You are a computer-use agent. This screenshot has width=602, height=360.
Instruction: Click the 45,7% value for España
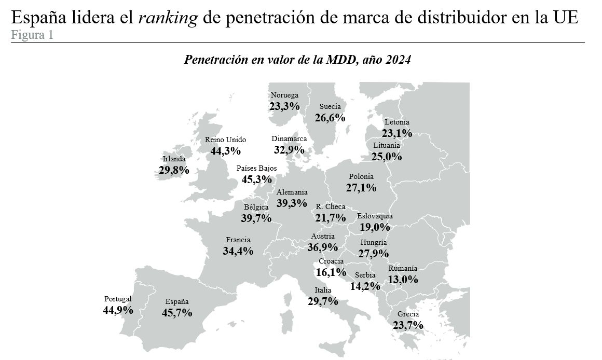tap(177, 313)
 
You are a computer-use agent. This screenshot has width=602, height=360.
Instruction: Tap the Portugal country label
tap(118, 299)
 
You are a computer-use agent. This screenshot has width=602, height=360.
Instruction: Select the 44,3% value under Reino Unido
tap(225, 151)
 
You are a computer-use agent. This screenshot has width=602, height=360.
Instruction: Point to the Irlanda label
tap(174, 159)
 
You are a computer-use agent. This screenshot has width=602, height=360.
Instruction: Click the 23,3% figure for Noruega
tap(284, 106)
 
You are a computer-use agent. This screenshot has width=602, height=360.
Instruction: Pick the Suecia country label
tap(330, 106)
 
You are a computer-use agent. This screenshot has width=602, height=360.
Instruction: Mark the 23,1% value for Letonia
tap(397, 133)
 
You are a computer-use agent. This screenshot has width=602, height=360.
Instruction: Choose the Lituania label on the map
tap(387, 146)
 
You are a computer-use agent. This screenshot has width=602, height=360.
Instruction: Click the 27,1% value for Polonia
tap(361, 187)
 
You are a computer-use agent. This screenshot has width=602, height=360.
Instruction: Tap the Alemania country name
tap(292, 192)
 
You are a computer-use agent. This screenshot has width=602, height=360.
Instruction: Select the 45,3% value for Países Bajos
tap(257, 179)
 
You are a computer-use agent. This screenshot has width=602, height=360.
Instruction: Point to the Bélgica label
tap(256, 207)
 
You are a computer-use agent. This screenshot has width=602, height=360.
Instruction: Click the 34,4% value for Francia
tap(238, 251)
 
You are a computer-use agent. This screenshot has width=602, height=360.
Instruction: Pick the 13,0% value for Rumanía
tap(403, 280)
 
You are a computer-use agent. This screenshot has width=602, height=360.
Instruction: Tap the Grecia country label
tap(408, 314)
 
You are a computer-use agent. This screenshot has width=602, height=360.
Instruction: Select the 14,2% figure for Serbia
tap(365, 286)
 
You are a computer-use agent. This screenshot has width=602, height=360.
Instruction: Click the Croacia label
tap(331, 261)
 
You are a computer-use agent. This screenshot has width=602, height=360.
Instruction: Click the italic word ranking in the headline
tap(168, 19)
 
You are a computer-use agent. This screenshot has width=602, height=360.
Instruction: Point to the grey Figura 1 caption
tap(32, 35)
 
